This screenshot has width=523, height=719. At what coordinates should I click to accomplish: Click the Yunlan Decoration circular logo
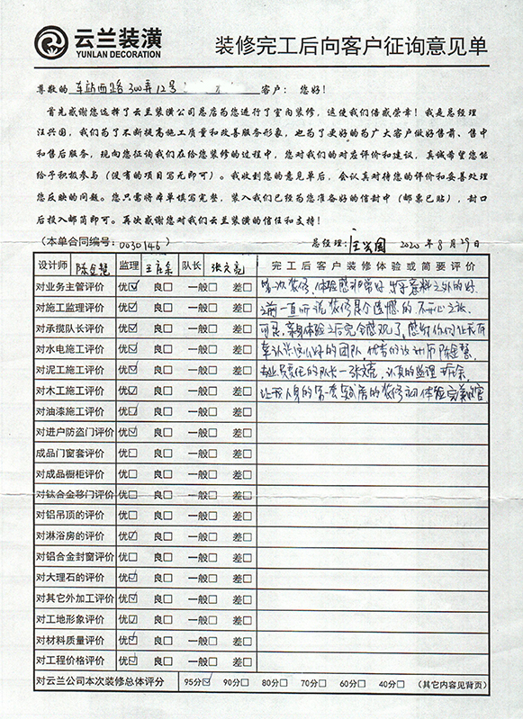50,41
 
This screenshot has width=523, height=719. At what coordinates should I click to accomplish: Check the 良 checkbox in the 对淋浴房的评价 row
168,537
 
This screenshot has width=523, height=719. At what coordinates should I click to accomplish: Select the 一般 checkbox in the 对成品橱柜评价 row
212,475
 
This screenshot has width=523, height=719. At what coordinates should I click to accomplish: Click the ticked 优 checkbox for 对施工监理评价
133,308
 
